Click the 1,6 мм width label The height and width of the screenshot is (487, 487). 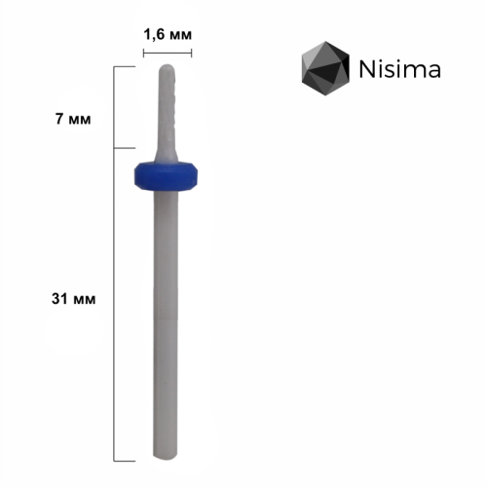coord(168,35)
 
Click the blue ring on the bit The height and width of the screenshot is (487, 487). coord(169,175)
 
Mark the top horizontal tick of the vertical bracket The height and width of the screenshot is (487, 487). coord(123,66)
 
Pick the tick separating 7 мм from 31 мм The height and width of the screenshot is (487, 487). coord(123,149)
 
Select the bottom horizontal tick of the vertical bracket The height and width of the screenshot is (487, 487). coord(123,459)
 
